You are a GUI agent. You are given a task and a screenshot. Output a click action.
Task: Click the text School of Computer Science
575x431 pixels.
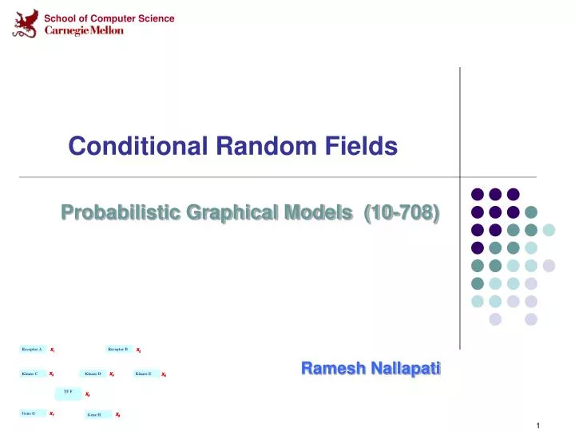click(x=109, y=18)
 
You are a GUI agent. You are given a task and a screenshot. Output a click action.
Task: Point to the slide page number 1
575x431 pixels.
click(x=539, y=424)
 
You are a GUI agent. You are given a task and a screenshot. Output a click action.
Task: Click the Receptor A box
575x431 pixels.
click(x=32, y=350)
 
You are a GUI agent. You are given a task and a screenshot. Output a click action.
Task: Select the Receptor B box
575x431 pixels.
click(x=117, y=350)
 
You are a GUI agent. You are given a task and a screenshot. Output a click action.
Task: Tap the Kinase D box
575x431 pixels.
click(x=93, y=374)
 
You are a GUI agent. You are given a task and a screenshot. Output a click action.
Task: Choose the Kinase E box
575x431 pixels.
click(x=144, y=374)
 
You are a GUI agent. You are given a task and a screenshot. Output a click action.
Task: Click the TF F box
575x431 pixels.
click(x=68, y=393)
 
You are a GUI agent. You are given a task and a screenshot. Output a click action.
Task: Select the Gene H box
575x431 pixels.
click(x=94, y=415)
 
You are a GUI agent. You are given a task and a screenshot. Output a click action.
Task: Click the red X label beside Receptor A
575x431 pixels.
click(x=52, y=350)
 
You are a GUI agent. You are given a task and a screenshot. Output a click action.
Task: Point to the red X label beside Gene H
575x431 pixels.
click(x=117, y=415)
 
